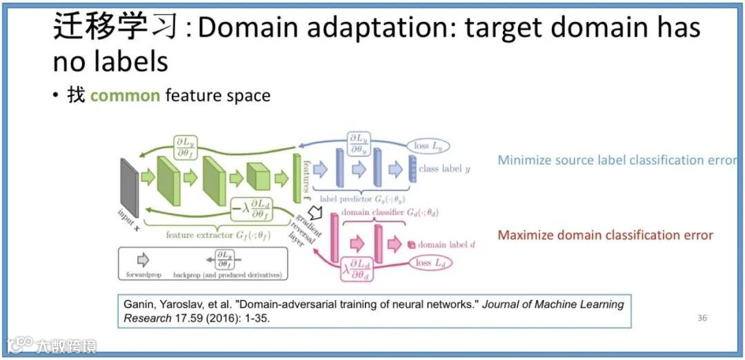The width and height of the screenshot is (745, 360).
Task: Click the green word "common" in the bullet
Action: pos(125,95)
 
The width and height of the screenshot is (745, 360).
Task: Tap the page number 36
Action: pos(702,318)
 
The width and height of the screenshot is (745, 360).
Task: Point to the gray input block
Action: pos(129,186)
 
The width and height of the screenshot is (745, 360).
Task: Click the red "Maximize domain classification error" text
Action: pos(605,235)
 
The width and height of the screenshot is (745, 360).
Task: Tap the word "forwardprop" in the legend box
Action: pos(143,274)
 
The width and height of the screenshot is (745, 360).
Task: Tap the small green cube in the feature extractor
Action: pos(258,178)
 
